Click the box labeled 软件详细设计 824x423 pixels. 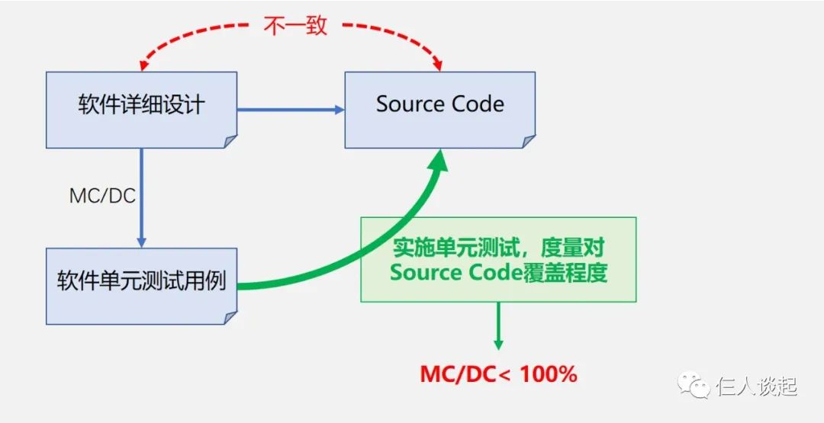141,105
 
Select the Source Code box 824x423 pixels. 439,105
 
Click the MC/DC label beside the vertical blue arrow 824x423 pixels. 102,196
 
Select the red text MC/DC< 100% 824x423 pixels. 498,374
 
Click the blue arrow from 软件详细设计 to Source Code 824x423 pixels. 290,110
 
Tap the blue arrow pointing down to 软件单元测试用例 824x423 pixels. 141,198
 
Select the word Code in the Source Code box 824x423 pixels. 476,104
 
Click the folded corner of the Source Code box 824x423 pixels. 527,141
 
